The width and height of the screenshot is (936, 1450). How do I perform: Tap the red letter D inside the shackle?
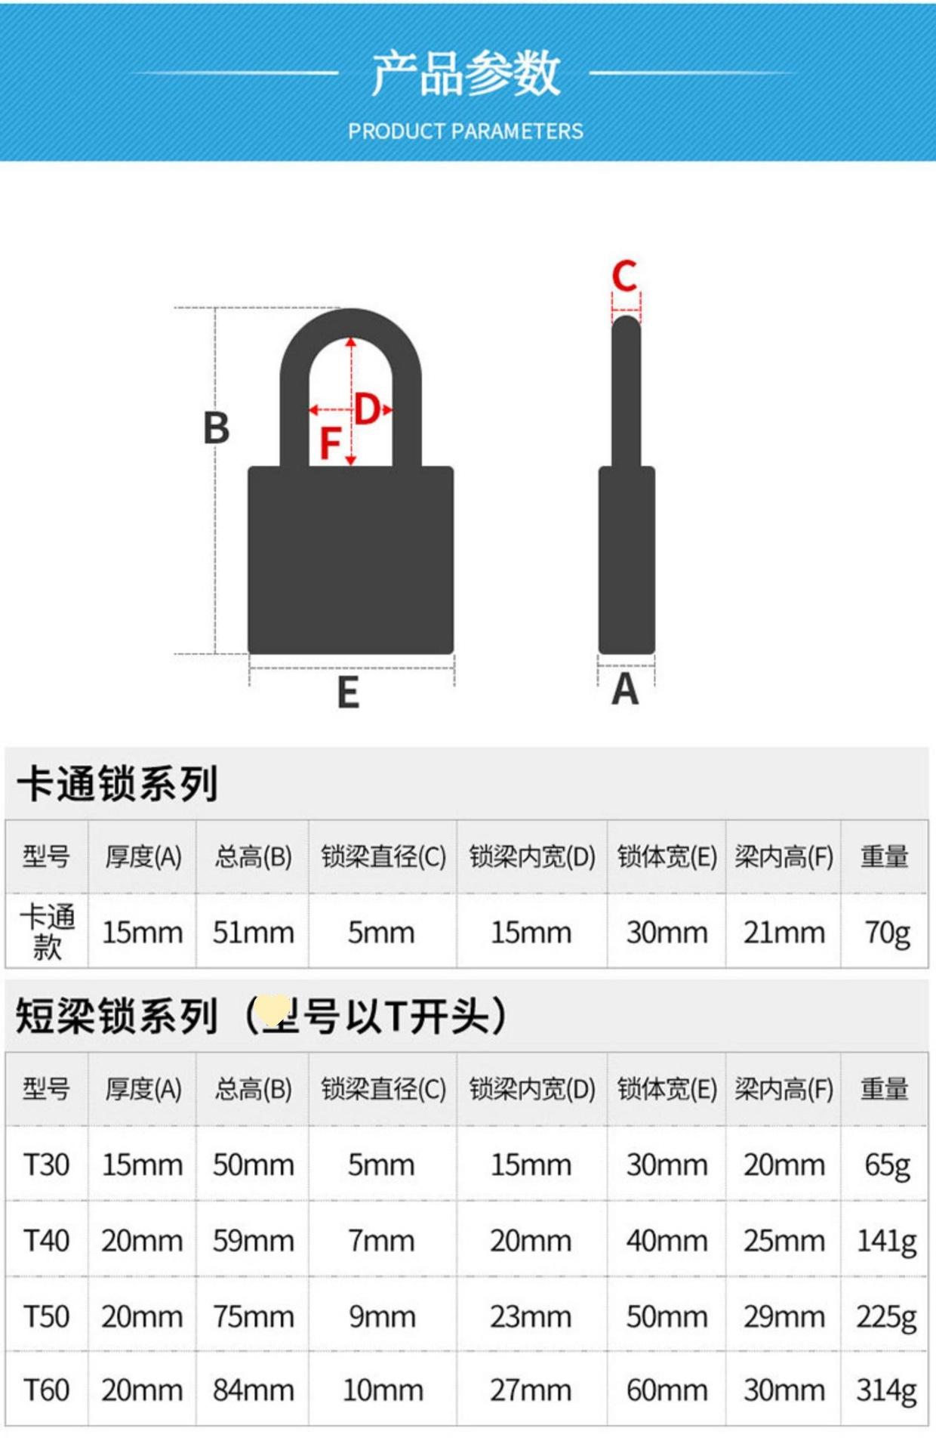click(368, 409)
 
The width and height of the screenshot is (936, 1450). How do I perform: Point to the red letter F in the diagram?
click(330, 443)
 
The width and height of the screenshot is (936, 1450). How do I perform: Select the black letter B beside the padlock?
click(216, 428)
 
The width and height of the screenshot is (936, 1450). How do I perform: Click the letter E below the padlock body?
click(348, 693)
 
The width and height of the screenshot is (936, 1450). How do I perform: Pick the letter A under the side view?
click(625, 690)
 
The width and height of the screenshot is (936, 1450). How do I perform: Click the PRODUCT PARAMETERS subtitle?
click(466, 131)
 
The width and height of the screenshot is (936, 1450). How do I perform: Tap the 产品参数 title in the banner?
click(466, 73)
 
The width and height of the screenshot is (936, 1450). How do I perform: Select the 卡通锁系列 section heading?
click(118, 783)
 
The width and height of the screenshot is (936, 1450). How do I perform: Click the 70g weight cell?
click(887, 933)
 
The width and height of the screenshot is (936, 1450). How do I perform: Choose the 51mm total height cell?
click(253, 933)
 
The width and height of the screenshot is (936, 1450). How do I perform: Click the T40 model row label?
click(46, 1240)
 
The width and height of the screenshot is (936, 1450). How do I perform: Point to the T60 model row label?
click(46, 1390)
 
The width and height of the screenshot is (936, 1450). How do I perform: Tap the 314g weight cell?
click(886, 1390)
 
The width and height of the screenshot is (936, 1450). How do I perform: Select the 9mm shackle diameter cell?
click(382, 1316)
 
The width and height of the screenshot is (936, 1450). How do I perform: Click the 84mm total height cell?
click(253, 1390)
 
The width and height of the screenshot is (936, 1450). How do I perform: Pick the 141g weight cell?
click(886, 1240)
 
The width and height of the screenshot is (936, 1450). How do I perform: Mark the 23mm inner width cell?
click(531, 1316)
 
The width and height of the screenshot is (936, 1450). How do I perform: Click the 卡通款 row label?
click(47, 931)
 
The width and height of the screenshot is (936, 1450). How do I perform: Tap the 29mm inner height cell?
click(784, 1316)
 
